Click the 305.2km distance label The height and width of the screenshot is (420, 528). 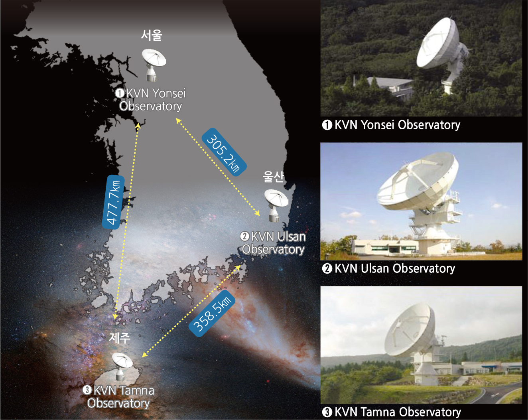click(x=224, y=152)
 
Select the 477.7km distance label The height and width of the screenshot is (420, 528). click(x=113, y=202)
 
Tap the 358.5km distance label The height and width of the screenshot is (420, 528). click(x=212, y=313)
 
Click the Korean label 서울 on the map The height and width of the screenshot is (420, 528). click(x=152, y=35)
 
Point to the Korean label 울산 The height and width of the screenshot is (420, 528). click(x=274, y=177)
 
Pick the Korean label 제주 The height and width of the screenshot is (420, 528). click(x=120, y=338)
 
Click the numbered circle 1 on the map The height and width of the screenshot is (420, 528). click(x=120, y=93)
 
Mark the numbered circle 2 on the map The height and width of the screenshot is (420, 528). click(x=244, y=237)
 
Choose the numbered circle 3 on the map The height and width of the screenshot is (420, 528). click(x=87, y=390)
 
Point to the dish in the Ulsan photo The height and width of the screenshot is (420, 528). click(x=417, y=181)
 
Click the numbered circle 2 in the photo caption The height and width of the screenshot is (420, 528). click(x=327, y=268)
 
